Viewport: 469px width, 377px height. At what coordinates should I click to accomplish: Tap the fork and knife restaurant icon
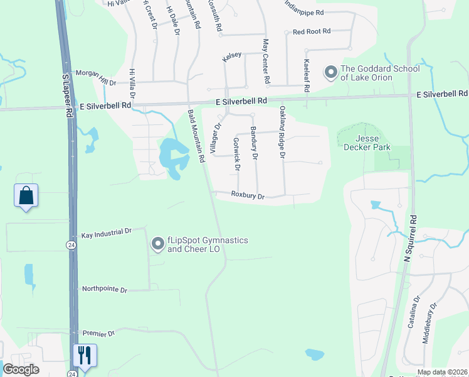click(84, 355)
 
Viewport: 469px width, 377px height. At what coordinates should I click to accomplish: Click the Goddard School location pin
click(330, 73)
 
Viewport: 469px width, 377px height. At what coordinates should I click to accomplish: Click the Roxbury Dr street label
click(248, 195)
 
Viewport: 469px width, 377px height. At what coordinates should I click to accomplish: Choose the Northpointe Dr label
click(105, 290)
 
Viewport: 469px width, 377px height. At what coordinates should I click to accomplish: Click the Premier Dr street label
click(98, 333)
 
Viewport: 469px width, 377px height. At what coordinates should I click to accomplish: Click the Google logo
click(21, 369)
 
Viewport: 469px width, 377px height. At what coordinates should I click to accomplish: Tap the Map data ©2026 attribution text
click(443, 372)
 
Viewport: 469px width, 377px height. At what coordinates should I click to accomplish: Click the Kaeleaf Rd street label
click(307, 75)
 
